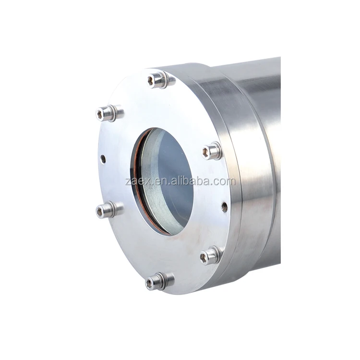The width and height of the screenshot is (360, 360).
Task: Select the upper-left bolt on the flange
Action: coord(107,113)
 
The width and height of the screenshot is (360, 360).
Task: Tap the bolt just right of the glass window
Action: coord(211,152)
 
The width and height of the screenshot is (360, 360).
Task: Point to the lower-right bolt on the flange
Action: coord(210,256)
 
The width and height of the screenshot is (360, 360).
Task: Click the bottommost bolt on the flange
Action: coord(157,281)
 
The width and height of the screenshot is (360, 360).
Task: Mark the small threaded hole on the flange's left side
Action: coord(103,158)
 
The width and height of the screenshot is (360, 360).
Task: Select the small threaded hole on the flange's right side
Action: coord(224,207)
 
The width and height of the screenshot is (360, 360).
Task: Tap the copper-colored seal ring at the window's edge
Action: coord(136,192)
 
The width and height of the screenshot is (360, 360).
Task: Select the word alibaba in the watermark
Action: coord(196,181)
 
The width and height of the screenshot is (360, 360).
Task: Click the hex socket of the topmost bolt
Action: coord(153,80)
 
